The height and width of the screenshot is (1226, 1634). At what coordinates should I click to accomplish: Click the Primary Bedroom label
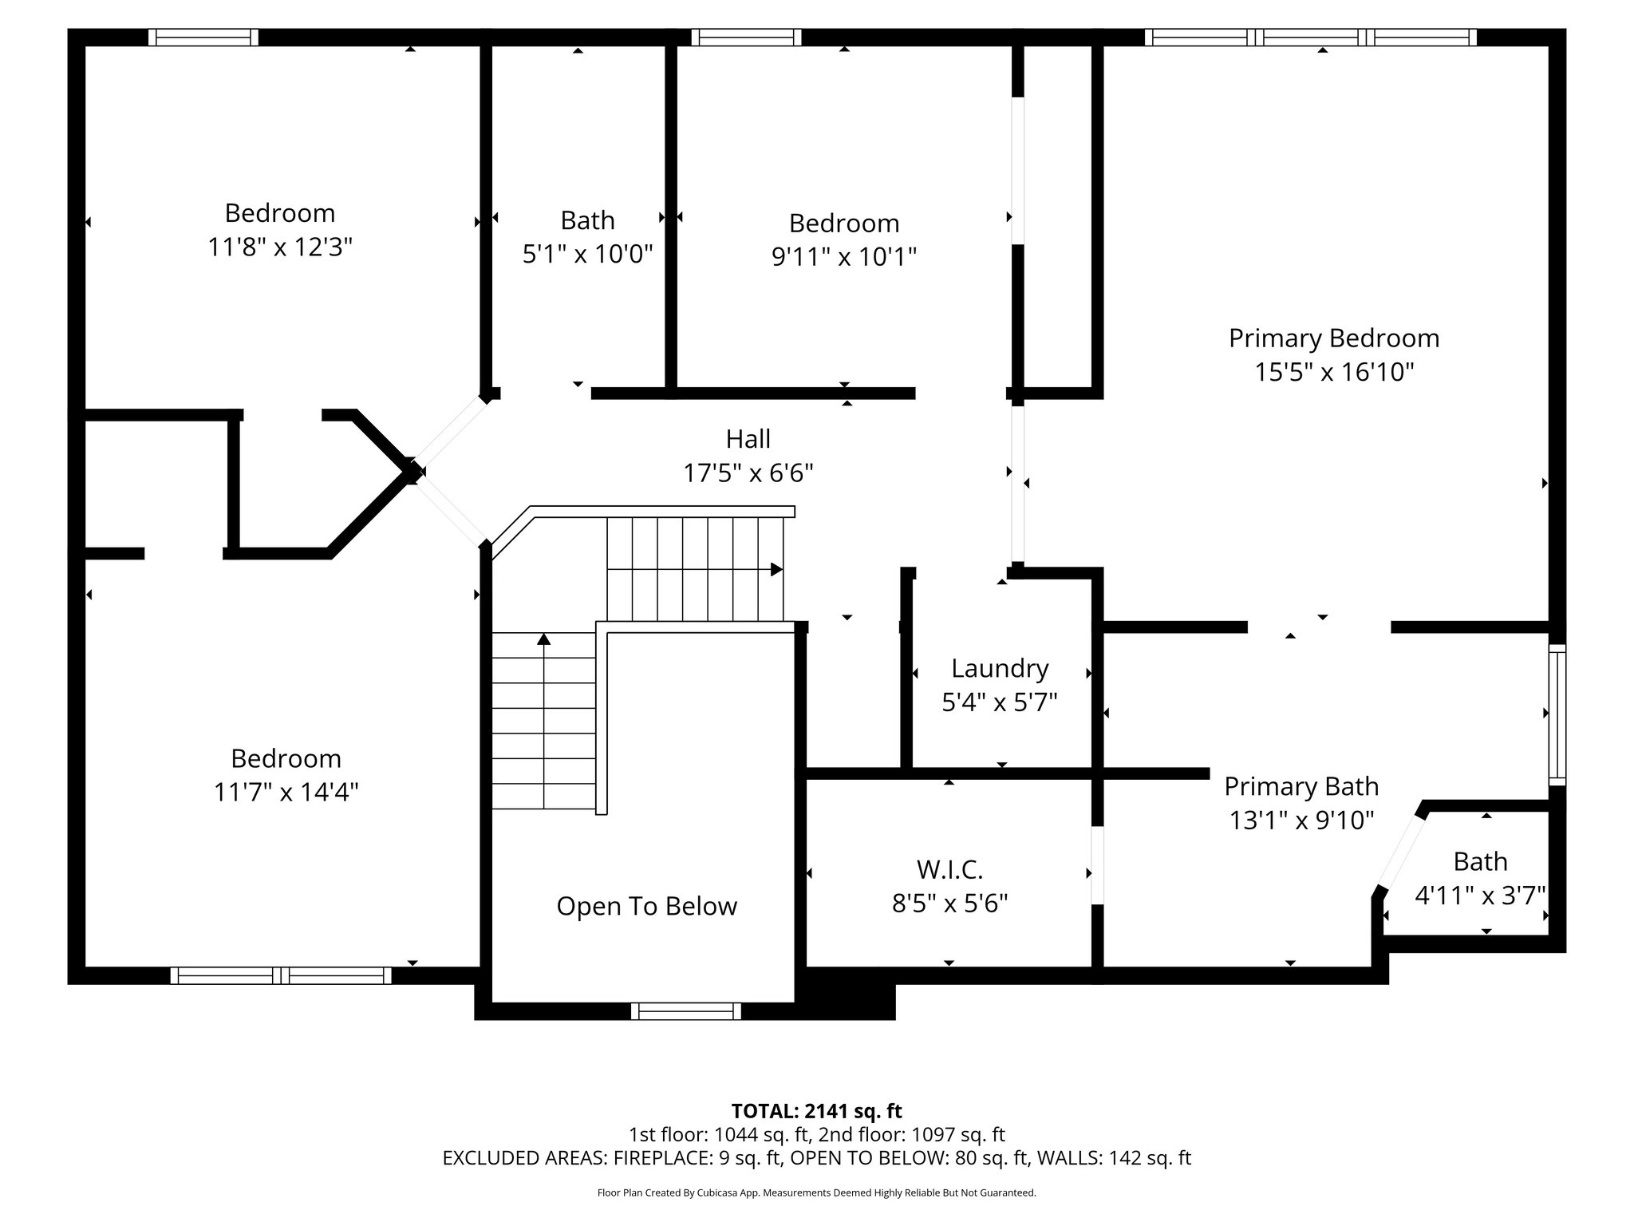point(1333,338)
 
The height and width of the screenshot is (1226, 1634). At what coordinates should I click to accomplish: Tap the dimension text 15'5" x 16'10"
point(1334,373)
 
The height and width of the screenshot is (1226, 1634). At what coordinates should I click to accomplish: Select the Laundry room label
point(999,668)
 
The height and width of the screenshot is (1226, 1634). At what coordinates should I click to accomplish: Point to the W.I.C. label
point(949,868)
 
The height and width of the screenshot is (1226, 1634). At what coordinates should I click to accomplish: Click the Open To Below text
point(646,906)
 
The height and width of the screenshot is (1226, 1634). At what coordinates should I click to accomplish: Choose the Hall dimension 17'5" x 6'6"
point(748,473)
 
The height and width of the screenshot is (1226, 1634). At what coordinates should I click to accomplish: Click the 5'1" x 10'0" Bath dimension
point(587,255)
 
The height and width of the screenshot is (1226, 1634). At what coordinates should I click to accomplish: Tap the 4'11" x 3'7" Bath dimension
point(1480,896)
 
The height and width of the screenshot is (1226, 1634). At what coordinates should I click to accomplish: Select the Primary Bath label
point(1301,786)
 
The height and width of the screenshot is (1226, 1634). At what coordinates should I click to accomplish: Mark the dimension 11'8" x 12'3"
point(280,247)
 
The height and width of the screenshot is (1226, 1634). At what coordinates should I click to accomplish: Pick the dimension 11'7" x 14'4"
point(286,792)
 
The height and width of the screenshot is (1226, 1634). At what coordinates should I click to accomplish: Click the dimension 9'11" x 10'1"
point(843,257)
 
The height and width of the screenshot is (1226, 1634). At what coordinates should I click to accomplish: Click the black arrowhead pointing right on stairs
point(776,569)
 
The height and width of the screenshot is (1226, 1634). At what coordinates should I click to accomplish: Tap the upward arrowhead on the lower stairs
point(543,639)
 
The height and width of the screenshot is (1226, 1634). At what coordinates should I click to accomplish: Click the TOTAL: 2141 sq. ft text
point(816,1110)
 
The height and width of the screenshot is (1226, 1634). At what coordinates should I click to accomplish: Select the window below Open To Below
point(685,1011)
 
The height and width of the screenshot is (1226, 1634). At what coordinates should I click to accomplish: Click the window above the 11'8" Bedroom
point(203,38)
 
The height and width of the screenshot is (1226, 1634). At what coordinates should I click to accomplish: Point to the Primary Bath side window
point(1557,714)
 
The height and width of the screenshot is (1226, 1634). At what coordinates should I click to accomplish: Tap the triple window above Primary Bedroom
point(1310,38)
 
